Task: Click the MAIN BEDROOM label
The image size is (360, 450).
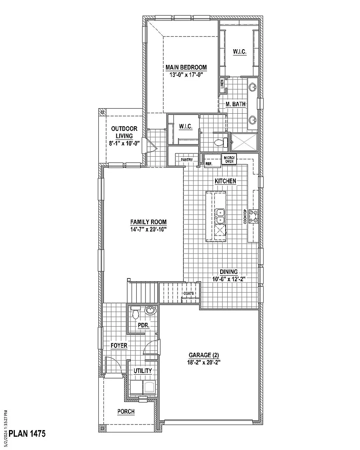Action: pyautogui.click(x=185, y=67)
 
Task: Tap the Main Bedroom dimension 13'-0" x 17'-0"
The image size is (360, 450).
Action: pyautogui.click(x=185, y=74)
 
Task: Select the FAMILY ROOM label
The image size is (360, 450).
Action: pyautogui.click(x=148, y=222)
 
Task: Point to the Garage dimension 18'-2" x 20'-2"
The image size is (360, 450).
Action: pyautogui.click(x=204, y=362)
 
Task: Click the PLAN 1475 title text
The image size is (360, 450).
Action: pyautogui.click(x=27, y=434)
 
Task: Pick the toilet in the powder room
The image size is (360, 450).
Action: pyautogui.click(x=135, y=312)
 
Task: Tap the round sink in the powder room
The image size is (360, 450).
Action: pyautogui.click(x=150, y=311)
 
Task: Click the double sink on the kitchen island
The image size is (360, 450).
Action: pyautogui.click(x=220, y=216)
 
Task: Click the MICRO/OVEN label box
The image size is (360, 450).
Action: pyautogui.click(x=229, y=159)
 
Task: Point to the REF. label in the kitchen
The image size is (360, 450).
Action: pyautogui.click(x=209, y=164)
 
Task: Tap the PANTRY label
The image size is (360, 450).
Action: pyautogui.click(x=187, y=160)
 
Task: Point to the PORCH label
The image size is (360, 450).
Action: pyautogui.click(x=126, y=411)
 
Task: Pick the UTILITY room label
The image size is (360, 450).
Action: pyautogui.click(x=143, y=371)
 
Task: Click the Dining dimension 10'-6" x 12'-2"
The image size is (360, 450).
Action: pyautogui.click(x=228, y=279)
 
